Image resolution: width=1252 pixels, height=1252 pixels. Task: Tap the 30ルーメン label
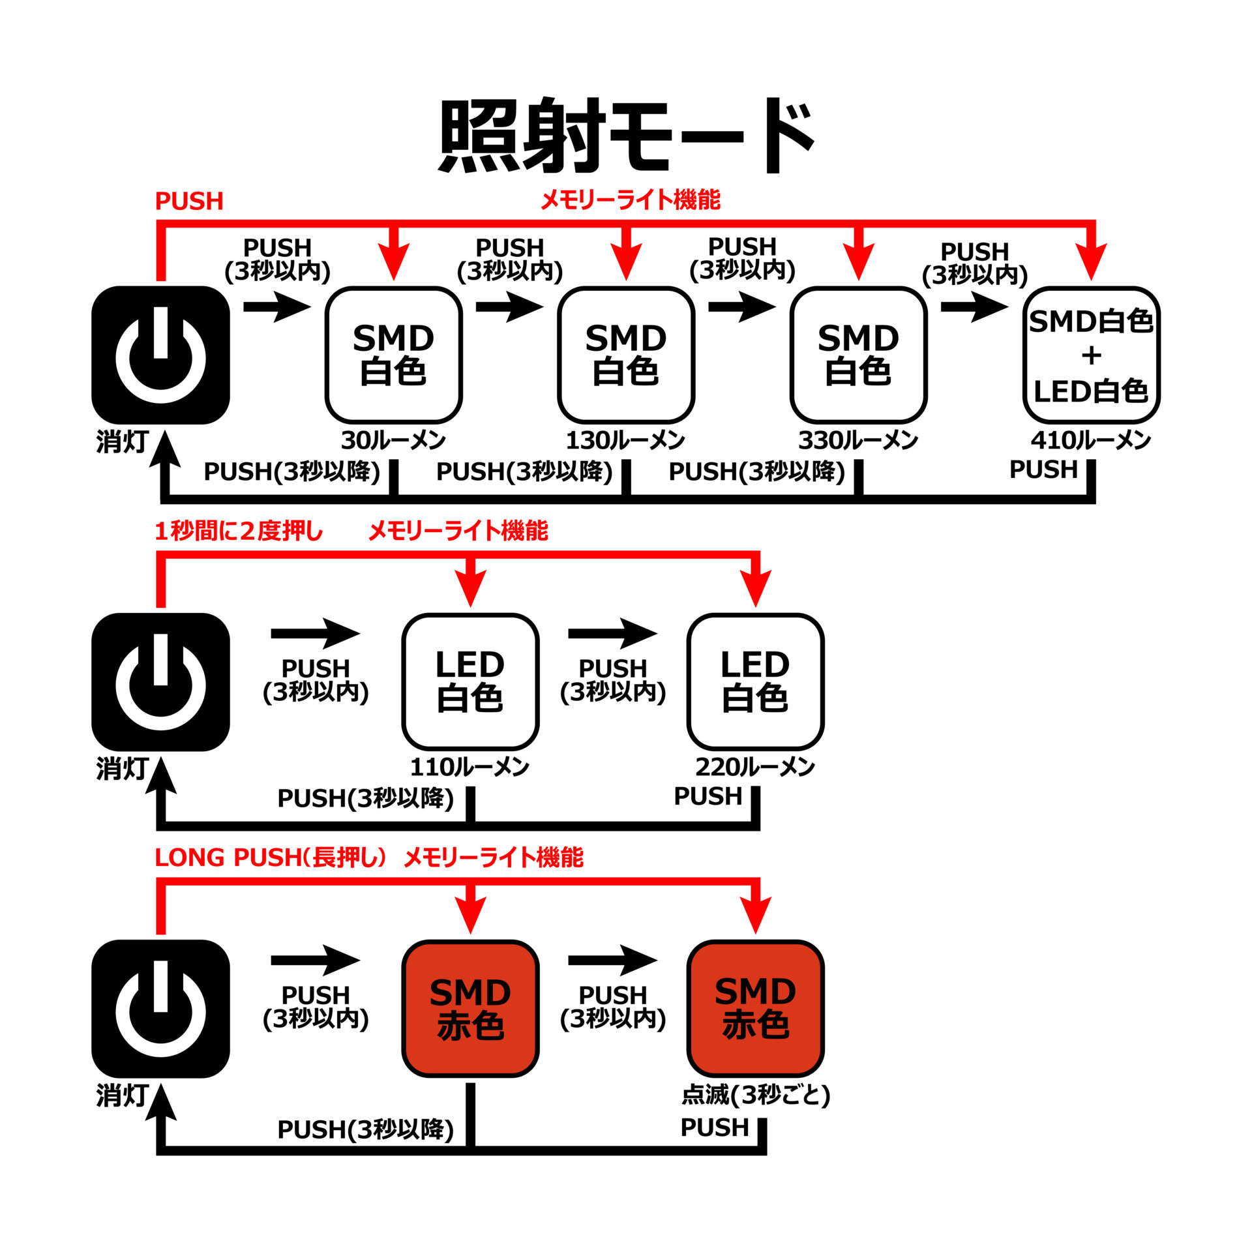tap(393, 441)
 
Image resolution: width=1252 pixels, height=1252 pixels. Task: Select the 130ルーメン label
tap(625, 441)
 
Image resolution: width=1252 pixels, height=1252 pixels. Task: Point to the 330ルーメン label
tap(858, 441)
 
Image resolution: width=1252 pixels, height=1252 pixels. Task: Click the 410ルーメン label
tap(1090, 441)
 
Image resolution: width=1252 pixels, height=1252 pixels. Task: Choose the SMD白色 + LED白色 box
tap(1091, 355)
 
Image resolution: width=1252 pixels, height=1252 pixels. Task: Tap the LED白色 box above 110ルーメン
tap(470, 682)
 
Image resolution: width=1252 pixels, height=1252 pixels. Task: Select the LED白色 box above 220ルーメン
tap(755, 682)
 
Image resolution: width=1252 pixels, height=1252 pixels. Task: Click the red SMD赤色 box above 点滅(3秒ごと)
tap(755, 1009)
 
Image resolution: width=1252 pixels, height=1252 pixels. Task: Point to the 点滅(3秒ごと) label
tap(755, 1095)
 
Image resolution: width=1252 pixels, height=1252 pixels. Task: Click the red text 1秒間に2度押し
tap(239, 531)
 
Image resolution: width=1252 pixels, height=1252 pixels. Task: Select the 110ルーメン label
tap(469, 768)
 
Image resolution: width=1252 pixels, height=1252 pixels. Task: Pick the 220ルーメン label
tap(754, 768)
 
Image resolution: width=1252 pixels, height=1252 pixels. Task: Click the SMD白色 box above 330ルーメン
tap(858, 355)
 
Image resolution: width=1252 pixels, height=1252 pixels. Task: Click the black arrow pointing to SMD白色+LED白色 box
tap(975, 306)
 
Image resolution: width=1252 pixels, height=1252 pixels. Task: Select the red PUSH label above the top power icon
tap(189, 201)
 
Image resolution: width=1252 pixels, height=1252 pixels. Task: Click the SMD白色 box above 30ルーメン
tap(393, 355)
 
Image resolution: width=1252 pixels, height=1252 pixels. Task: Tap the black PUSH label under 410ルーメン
tap(1043, 469)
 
